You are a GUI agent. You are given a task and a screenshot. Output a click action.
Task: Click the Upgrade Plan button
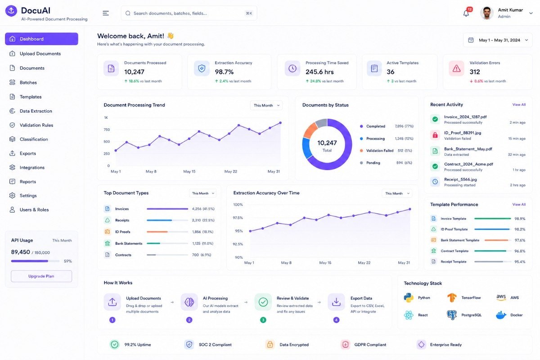[x=41, y=276]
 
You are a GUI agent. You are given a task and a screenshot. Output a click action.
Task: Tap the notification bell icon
[x=466, y=13]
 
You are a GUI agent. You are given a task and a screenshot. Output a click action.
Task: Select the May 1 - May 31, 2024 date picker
[x=498, y=40]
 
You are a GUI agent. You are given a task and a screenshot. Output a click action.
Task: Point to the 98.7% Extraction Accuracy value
[x=224, y=72]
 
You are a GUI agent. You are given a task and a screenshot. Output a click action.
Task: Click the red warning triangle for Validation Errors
[x=456, y=68]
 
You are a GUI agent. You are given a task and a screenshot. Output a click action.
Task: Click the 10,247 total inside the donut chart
[x=327, y=143]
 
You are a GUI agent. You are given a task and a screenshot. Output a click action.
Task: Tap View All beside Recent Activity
[x=519, y=105]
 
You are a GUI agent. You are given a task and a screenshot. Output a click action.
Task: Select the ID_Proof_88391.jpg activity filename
[x=463, y=133]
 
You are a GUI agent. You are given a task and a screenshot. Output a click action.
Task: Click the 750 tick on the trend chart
[x=107, y=130]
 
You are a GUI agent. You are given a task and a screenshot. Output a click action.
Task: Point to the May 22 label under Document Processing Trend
[x=231, y=171]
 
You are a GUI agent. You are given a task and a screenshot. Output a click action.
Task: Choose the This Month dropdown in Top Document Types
[x=203, y=193]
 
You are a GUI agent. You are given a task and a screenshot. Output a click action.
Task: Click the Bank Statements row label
[x=129, y=243]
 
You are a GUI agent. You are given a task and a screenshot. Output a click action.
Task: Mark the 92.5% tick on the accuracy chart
[x=238, y=244]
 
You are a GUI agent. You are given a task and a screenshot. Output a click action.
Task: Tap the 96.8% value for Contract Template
[x=520, y=251]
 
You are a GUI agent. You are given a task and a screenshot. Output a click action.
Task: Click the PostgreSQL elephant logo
[x=452, y=315]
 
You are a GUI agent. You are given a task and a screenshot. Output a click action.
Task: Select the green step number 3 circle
[x=263, y=320]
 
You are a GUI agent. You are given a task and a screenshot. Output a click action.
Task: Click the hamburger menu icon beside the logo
[x=106, y=13]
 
